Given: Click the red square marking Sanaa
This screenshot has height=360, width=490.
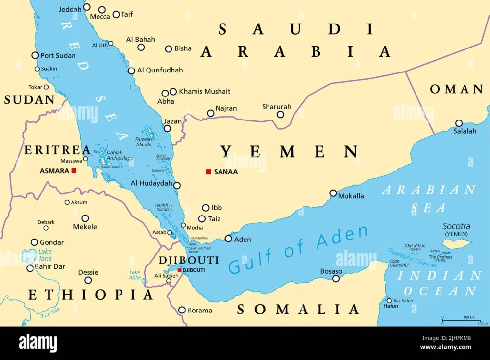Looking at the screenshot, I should coord(208,172).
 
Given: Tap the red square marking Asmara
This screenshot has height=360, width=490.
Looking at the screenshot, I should coord(74,171).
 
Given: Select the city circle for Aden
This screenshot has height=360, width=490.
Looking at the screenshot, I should coord(228,239).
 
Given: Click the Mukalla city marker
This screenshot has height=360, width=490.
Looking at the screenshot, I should coord(333,193).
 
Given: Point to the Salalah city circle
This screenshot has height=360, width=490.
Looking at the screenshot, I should coord(459,123).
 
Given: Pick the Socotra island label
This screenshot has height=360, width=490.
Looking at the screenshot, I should coord(456,226).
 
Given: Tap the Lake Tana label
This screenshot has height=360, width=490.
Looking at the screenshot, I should coord(45,255).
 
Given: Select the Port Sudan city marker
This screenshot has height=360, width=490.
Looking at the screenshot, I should coord(35,55).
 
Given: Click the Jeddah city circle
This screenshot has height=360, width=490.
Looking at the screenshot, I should coord(87,7).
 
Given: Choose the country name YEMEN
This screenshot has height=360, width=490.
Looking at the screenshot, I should coord(289,151).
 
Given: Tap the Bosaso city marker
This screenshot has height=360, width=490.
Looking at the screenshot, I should coord(336,278).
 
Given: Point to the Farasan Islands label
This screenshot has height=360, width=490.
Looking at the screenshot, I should coord(144,142).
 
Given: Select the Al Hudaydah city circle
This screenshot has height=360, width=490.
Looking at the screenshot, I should coord(177,185).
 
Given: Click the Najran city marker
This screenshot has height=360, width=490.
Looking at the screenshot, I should coord(211,113).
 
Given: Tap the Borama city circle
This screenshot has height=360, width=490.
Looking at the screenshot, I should coord(182,310).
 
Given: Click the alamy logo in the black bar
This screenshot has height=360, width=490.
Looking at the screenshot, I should coord(38,343).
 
